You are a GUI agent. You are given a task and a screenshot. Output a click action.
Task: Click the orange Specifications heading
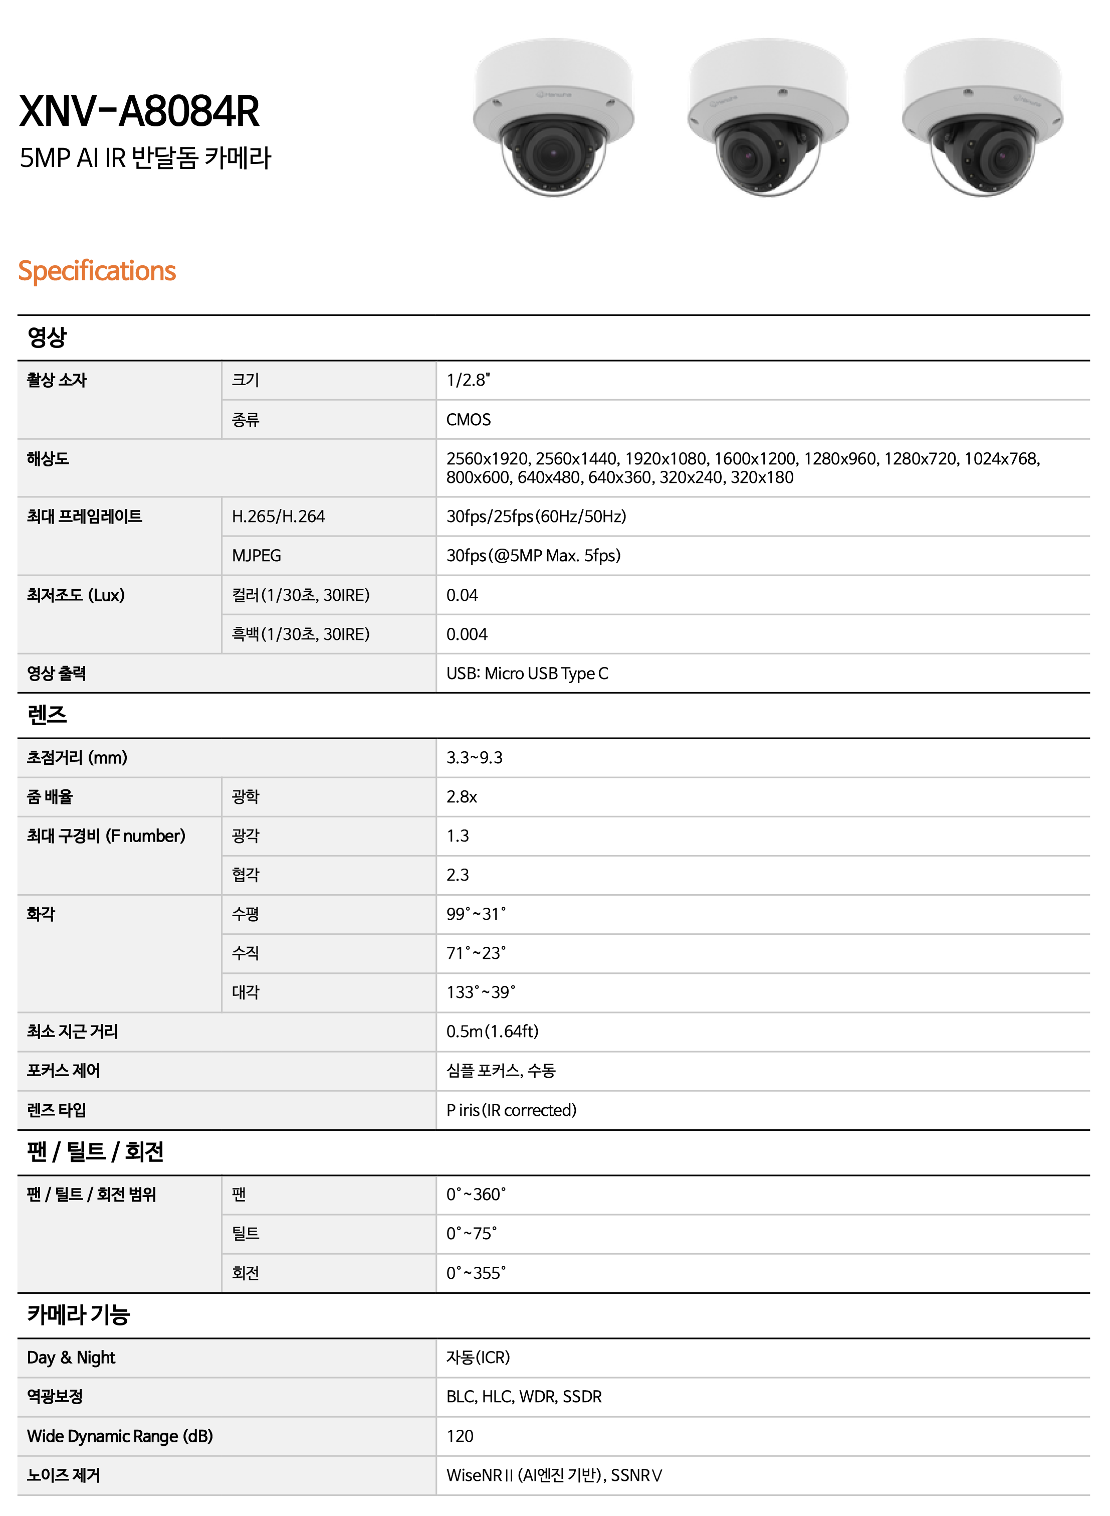click(x=97, y=271)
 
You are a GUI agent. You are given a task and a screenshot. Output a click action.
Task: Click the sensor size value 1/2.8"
click(x=469, y=381)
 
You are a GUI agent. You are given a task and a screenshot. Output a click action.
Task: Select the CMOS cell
click(x=469, y=420)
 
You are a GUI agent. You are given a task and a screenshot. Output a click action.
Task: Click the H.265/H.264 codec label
click(x=278, y=517)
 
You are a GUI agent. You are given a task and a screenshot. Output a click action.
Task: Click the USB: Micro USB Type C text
click(x=528, y=673)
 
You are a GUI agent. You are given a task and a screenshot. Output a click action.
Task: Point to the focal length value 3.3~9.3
click(x=475, y=758)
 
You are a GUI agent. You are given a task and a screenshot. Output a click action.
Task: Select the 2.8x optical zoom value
click(x=462, y=797)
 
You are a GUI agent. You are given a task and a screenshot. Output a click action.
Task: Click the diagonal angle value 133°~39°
click(x=481, y=992)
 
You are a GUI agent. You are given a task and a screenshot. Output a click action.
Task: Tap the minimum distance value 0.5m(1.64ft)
click(x=493, y=1031)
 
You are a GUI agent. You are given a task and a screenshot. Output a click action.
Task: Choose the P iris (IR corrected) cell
click(x=511, y=1110)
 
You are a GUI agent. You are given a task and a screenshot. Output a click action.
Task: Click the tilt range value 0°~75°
click(x=472, y=1234)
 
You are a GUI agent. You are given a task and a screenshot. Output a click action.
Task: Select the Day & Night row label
click(x=71, y=1358)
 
